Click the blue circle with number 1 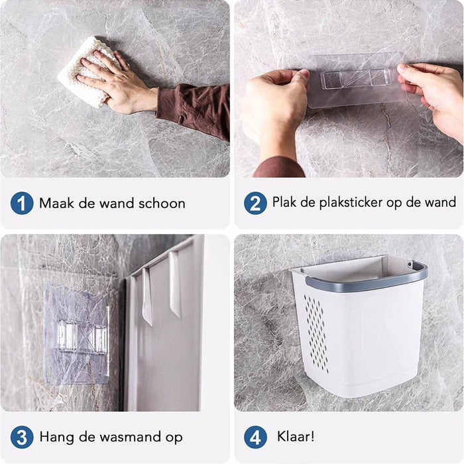point(22,203)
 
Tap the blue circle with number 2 point(255,203)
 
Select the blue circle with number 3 point(22,437)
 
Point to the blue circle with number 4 point(255,437)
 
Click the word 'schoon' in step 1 point(162,203)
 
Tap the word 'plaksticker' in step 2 point(341,202)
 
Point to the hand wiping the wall point(119,83)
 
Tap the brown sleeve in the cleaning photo point(196,109)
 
